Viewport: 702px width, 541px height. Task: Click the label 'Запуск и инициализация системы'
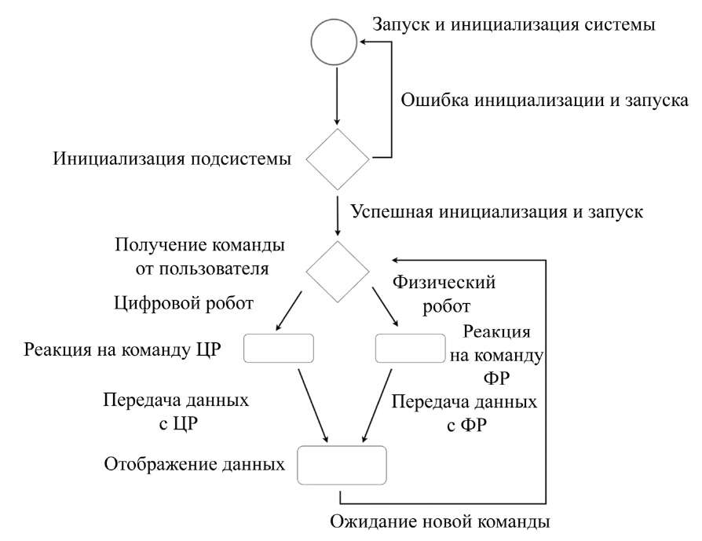[x=514, y=24]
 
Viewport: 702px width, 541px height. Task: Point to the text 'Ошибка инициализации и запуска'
[x=544, y=100]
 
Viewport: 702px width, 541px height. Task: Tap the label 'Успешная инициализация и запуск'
[x=497, y=211]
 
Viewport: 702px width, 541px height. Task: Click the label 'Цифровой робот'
[x=184, y=303]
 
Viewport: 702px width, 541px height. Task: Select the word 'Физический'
[x=444, y=282]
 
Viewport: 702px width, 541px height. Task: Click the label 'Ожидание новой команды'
[x=440, y=521]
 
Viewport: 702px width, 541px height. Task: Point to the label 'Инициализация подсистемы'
[x=173, y=159]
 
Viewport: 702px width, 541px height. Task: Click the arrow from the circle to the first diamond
[x=337, y=95]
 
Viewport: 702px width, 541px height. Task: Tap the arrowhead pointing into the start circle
[x=364, y=42]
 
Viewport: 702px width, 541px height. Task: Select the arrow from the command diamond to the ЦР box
[x=289, y=311]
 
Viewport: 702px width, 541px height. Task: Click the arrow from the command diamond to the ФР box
[x=385, y=307]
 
